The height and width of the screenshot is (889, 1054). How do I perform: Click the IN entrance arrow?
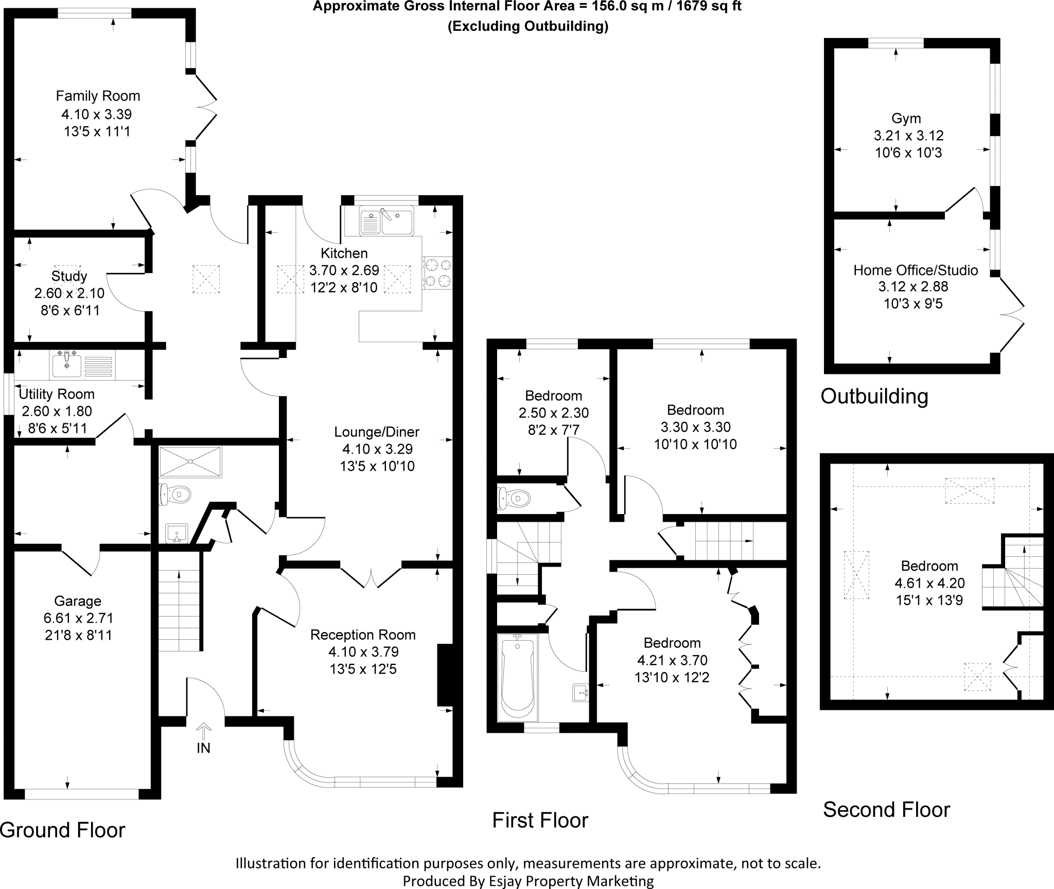point(204,732)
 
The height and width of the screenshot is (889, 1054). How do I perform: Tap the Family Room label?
point(98,96)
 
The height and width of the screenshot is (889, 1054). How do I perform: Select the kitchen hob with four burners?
point(437,272)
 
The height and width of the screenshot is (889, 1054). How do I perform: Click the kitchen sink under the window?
point(386,221)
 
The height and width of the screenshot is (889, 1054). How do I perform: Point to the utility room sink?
point(67,364)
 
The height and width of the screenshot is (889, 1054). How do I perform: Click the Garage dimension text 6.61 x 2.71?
point(79,618)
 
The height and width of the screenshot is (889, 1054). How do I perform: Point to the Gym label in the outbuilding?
point(906,118)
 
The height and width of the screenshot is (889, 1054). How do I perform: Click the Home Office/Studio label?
point(916,270)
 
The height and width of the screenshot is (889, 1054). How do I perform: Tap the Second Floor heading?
point(886,810)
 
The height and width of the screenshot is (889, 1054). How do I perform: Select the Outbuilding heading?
point(874,396)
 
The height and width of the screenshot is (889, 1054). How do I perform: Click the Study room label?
point(69,276)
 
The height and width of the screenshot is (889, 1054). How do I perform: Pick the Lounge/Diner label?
point(377,432)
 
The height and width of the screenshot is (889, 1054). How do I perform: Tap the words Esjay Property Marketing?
point(570,881)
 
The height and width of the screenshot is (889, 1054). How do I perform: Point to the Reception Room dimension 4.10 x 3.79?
point(363,652)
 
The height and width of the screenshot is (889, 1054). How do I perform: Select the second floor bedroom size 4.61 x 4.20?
point(929,583)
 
